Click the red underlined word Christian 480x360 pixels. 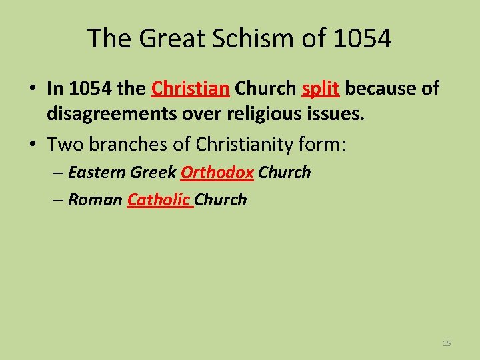[191, 89]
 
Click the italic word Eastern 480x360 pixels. [97, 173]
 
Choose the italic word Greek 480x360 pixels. [153, 173]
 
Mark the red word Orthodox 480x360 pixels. [217, 173]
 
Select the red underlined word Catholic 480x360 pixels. [159, 200]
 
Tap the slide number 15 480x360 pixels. [447, 343]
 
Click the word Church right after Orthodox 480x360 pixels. [285, 173]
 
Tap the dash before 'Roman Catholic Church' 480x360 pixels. [59, 200]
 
